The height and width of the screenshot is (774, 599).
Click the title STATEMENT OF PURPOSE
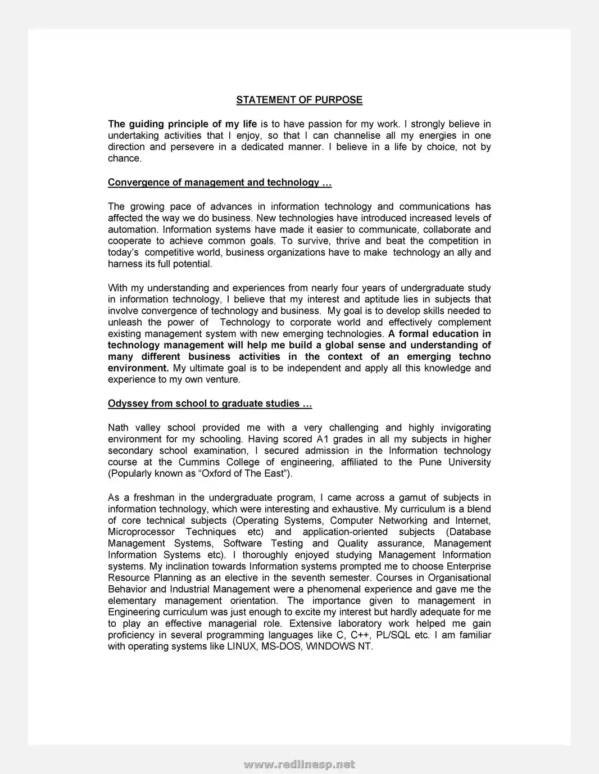[x=299, y=100]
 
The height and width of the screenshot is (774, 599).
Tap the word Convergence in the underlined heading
[x=133, y=183]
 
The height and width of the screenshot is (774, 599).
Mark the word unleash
[x=124, y=323]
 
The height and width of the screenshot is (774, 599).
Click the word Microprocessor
[x=141, y=532]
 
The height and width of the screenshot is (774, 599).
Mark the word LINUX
[x=242, y=647]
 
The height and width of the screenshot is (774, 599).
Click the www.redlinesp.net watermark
[x=299, y=764]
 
